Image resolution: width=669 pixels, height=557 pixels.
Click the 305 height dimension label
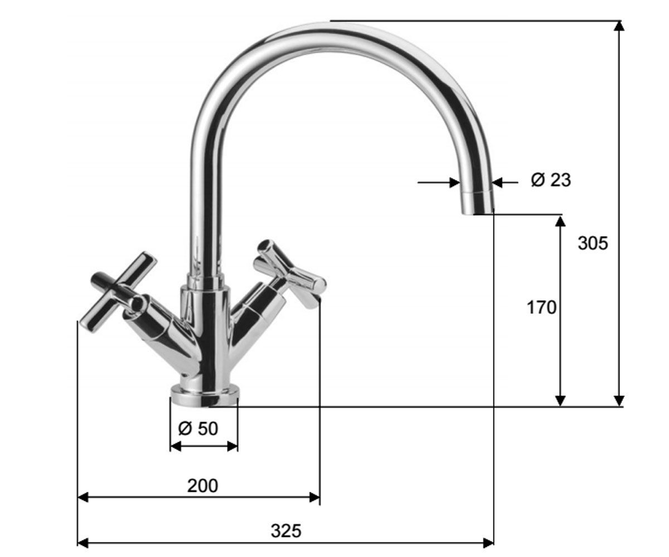[593, 243]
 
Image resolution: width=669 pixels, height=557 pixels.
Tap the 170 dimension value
[541, 307]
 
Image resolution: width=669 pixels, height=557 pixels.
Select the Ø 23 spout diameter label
[551, 180]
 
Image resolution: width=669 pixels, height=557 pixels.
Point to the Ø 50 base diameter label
[198, 428]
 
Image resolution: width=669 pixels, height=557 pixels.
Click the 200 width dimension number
[202, 486]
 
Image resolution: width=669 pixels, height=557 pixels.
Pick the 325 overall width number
[286, 531]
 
